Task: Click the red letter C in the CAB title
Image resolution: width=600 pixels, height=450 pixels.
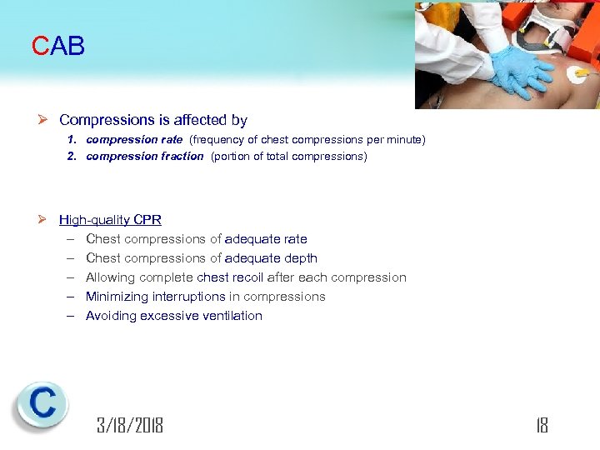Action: pyautogui.click(x=41, y=47)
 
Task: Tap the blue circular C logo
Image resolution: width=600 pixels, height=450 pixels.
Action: pyautogui.click(x=41, y=405)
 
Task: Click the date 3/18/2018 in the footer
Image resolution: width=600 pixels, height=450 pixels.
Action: pyautogui.click(x=130, y=426)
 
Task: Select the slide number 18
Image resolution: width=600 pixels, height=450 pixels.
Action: pyautogui.click(x=542, y=426)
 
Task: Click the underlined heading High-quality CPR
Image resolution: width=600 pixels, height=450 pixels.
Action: pyautogui.click(x=110, y=220)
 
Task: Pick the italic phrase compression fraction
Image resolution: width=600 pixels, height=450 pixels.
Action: pyautogui.click(x=144, y=156)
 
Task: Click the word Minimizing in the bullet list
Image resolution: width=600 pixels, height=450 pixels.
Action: pyautogui.click(x=115, y=297)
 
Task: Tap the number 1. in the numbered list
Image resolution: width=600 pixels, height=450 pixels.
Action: pyautogui.click(x=72, y=140)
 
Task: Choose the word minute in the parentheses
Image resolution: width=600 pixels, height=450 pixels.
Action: pyautogui.click(x=403, y=140)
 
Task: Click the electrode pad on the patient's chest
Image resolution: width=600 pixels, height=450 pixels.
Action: pyautogui.click(x=582, y=79)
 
